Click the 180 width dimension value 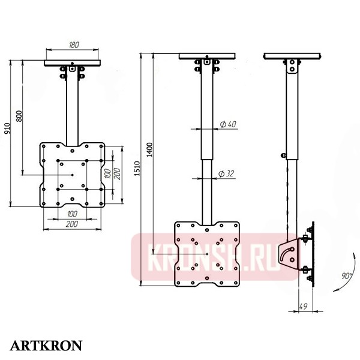pos(74,45)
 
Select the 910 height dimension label pos(7,128)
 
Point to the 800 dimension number pos(19,116)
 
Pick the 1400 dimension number pos(150,150)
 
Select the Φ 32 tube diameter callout pos(226,173)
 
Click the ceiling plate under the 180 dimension pos(73,62)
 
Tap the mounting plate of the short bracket pos(72,174)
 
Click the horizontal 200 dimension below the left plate pos(72,223)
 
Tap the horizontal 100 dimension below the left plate pos(72,214)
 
